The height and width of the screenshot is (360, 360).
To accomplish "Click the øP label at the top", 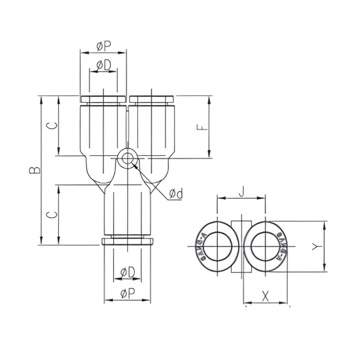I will [104, 46].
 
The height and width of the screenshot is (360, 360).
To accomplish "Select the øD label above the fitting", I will [103, 64].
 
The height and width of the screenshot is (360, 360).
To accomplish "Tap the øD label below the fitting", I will [127, 271].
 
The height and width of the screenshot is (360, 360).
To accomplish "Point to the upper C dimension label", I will [54, 125].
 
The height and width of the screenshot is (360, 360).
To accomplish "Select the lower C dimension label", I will [54, 214].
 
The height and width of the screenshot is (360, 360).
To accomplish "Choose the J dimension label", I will [241, 192].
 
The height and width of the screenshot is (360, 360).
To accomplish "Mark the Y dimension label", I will [316, 247].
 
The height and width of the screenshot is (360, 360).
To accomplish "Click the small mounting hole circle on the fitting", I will [128, 158].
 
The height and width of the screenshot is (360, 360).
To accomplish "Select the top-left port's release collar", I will [103, 99].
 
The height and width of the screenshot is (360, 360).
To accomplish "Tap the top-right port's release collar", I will [152, 99].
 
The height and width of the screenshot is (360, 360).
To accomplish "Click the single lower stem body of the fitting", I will [128, 213].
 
